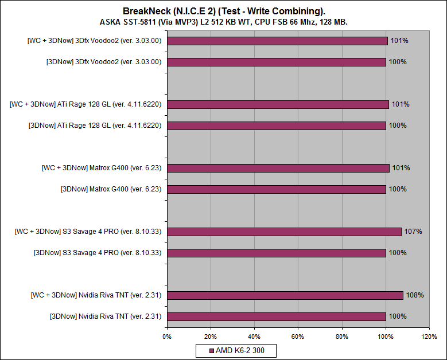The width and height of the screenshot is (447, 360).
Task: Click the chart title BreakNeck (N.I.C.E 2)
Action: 224,11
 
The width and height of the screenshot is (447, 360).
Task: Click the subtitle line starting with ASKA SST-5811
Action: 224,22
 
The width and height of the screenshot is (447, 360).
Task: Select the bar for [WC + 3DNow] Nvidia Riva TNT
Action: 285,295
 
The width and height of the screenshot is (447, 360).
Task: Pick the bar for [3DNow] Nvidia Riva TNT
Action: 277,316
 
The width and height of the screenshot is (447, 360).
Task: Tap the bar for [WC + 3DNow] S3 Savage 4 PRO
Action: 284,232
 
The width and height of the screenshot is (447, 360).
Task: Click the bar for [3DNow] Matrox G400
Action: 277,189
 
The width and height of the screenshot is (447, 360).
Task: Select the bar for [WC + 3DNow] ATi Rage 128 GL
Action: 278,104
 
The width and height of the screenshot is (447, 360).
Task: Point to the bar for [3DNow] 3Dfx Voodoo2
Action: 277,62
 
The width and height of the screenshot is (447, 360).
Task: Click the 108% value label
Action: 415,295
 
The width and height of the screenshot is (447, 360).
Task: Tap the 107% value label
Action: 413,232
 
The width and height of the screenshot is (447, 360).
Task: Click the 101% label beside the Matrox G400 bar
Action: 400,168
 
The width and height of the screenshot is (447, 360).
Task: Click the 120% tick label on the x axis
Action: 429,336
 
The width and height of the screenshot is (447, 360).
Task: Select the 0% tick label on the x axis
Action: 167,336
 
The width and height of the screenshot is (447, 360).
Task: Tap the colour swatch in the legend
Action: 211,350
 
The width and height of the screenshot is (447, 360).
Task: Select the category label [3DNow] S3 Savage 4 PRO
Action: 98,253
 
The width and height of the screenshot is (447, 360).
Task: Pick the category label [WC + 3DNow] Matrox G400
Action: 102,168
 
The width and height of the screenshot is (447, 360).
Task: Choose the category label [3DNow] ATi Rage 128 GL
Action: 95,126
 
